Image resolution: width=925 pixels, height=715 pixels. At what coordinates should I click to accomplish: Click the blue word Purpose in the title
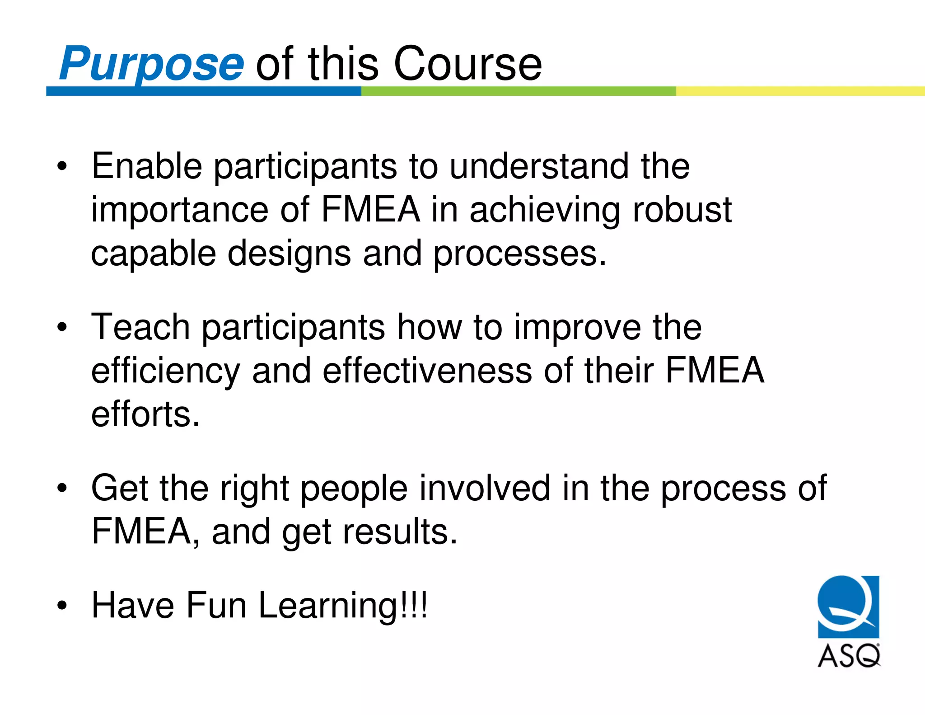[151, 64]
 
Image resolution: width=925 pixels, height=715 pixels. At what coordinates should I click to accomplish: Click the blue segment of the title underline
[203, 91]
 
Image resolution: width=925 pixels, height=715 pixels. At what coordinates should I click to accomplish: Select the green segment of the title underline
[518, 91]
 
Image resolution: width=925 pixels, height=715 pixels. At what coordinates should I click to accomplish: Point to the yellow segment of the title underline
[799, 91]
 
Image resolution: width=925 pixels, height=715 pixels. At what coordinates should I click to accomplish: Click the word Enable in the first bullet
[146, 166]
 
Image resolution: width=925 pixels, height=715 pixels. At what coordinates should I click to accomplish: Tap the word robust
[682, 210]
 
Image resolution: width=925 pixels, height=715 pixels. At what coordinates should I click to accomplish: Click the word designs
[289, 254]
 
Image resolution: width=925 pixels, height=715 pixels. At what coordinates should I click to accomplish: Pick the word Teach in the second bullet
[140, 327]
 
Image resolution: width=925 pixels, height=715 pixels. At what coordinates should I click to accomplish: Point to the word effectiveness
[427, 371]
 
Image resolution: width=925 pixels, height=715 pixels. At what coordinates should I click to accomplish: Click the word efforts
[145, 414]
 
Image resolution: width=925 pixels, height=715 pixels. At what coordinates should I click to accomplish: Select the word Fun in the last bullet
[216, 605]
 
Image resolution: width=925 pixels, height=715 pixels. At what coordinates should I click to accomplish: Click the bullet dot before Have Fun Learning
[62, 606]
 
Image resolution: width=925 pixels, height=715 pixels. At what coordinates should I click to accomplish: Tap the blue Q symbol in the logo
[848, 606]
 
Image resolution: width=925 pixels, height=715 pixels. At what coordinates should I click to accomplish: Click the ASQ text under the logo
[849, 656]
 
